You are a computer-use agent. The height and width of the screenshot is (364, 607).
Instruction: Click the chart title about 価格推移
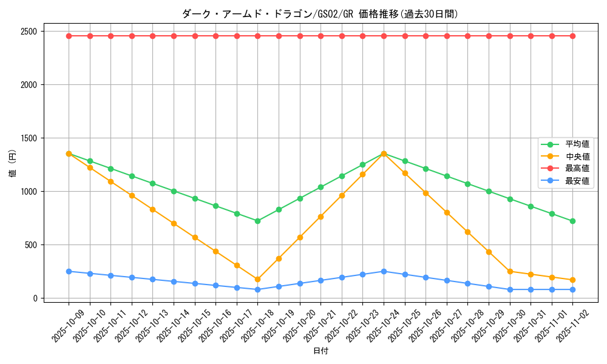320,14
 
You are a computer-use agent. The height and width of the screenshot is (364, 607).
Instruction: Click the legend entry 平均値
577,144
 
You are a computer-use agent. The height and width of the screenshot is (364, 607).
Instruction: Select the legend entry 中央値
577,157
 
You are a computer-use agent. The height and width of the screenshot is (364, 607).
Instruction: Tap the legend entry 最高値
577,169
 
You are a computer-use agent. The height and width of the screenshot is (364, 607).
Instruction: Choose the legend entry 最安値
577,181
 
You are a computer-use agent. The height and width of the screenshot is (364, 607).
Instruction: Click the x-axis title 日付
320,351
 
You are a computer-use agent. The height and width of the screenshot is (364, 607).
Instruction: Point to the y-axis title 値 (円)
13,164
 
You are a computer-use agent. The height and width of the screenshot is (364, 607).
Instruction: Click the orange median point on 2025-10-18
257,280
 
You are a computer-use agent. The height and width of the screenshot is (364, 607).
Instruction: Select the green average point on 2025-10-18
257,221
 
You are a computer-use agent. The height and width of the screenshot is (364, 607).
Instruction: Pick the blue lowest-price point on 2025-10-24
384,271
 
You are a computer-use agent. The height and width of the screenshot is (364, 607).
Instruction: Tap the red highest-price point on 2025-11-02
572,36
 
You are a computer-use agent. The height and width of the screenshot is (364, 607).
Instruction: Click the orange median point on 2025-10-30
510,271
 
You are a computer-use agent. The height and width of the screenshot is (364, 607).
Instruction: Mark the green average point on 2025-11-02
572,221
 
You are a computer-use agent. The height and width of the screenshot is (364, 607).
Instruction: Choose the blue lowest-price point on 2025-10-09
69,271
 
